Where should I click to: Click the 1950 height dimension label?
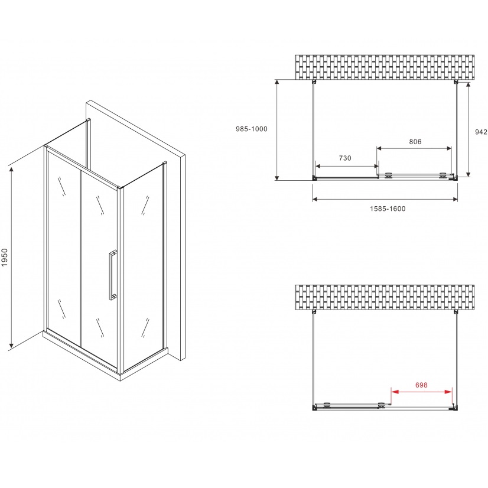pyautogui.click(x=5, y=257)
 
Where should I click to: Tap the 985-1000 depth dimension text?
pyautogui.click(x=252, y=129)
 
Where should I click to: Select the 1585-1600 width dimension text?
pyautogui.click(x=388, y=209)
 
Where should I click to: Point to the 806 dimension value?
pyautogui.click(x=415, y=142)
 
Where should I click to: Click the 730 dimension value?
pyautogui.click(x=345, y=158)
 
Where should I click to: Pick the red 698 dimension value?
pyautogui.click(x=421, y=385)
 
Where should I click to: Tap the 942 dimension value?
pyautogui.click(x=481, y=132)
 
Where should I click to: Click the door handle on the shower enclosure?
pyautogui.click(x=112, y=275)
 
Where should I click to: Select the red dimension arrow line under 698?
pyautogui.click(x=422, y=392)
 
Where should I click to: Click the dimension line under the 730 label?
pyautogui.click(x=347, y=165)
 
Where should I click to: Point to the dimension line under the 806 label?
pyautogui.click(x=414, y=148)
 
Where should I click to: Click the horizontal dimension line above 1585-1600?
pyautogui.click(x=385, y=199)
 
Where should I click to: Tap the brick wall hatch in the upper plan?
pyautogui.click(x=385, y=67)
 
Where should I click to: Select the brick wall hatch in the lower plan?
pyautogui.click(x=385, y=297)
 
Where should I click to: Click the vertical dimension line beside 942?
pyautogui.click(x=468, y=129)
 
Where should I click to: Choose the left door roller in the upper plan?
pyautogui.click(x=388, y=175)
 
